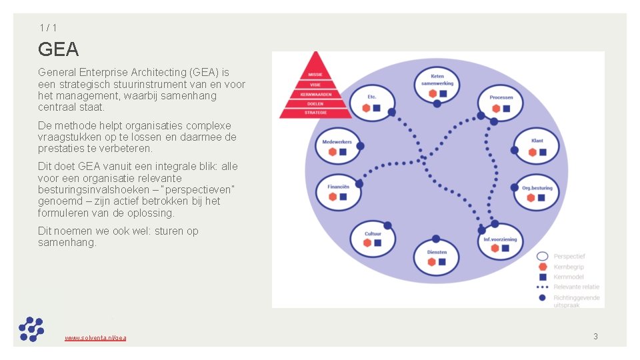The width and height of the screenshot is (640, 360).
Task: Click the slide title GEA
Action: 59,49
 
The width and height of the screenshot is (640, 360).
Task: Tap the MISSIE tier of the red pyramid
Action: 315,74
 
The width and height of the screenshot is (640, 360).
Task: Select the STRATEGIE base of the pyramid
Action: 315,113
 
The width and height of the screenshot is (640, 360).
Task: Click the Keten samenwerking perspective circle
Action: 437,85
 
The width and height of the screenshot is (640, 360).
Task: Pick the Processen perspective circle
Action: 501,102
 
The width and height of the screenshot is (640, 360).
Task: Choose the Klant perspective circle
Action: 537,146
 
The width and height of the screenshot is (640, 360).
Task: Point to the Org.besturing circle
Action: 537,193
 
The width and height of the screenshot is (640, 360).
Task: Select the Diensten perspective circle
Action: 437,257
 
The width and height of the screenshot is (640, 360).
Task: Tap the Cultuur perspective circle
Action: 373,238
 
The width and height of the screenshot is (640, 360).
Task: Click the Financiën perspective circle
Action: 338,191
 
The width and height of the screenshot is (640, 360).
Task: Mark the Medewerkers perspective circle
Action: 338,147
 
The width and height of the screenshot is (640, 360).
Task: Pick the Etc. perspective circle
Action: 371,102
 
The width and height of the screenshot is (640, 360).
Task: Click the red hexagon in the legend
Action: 542,266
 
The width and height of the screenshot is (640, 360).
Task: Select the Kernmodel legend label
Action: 569,277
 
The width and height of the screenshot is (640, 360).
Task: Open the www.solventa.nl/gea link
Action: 95,338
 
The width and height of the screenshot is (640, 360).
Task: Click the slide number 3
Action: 595,337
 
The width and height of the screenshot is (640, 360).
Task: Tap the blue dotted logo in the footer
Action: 31,329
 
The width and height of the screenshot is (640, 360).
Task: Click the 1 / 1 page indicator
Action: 47,27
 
